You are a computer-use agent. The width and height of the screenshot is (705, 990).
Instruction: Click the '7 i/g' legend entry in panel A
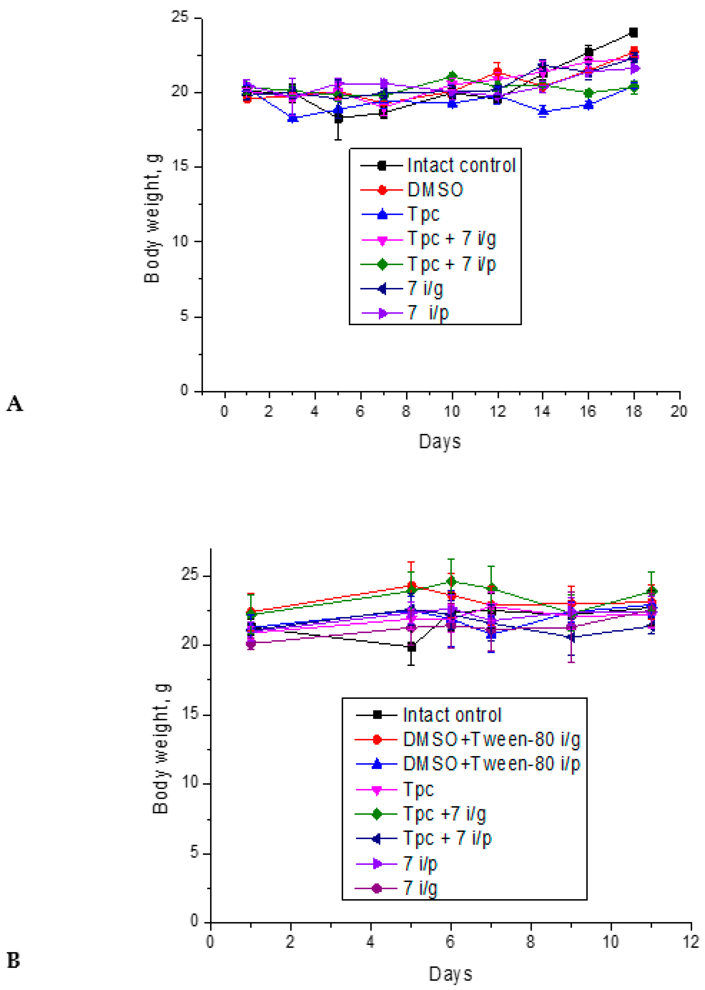click(x=425, y=289)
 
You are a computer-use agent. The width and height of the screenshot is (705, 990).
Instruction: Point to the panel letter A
click(x=14, y=404)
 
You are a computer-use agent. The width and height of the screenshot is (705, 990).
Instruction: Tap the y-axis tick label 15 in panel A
click(x=180, y=167)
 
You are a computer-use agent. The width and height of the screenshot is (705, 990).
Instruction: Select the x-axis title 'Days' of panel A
click(x=439, y=442)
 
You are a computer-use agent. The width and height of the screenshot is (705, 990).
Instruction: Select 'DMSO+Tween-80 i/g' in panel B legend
click(x=492, y=739)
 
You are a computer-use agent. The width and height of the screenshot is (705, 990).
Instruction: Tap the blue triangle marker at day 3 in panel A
click(x=293, y=118)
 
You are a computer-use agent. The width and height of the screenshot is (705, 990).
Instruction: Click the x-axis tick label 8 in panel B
click(x=530, y=942)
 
